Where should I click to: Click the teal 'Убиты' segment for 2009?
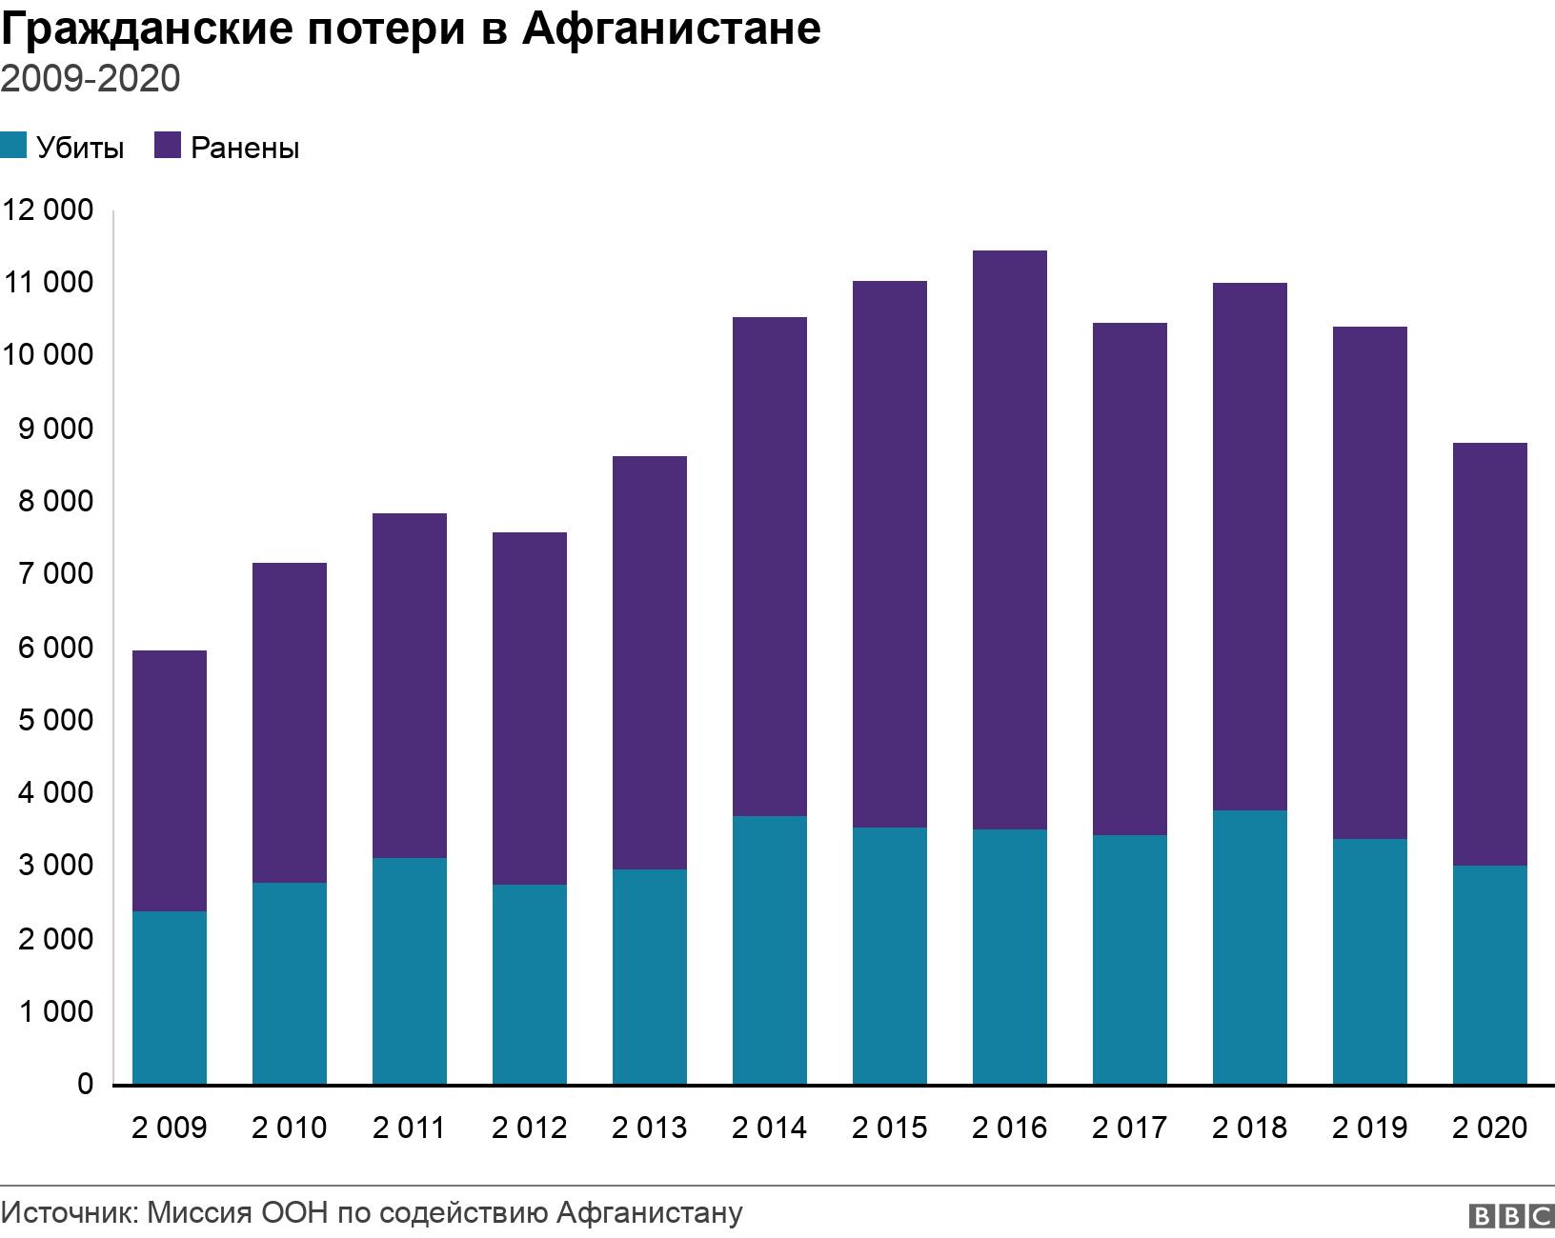point(170,997)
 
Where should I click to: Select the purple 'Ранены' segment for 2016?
point(1010,540)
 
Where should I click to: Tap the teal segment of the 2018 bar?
point(1250,947)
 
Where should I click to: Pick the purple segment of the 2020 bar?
point(1490,654)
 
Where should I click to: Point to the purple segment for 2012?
point(530,709)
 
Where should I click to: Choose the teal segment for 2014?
point(770,949)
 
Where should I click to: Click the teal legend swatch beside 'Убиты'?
point(13,147)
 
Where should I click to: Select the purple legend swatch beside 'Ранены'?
point(168,147)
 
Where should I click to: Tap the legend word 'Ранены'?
point(245,149)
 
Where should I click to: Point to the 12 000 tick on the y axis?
point(49,210)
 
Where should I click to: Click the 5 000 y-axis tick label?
point(55,720)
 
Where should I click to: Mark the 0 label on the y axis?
point(86,1084)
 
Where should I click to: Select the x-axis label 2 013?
point(650,1128)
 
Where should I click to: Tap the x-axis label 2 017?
point(1130,1128)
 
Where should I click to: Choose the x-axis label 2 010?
point(290,1128)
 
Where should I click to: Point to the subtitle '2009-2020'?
point(91,79)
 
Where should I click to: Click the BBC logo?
point(1512,1216)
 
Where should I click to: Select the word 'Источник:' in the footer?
point(71,1213)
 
